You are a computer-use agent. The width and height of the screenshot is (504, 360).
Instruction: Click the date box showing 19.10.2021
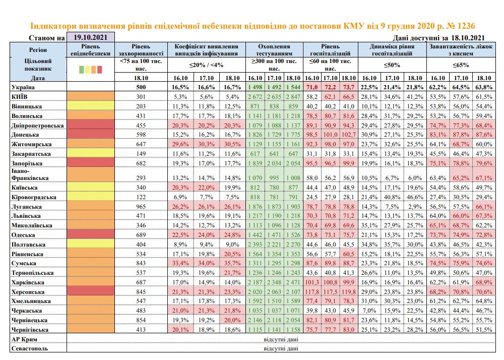(x=91, y=37)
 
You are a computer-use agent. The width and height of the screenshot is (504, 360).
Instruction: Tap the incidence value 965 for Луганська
(x=141, y=206)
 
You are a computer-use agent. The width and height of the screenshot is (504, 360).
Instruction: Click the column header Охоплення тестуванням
(x=274, y=50)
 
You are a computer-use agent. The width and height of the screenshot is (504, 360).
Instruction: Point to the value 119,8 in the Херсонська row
(x=349, y=292)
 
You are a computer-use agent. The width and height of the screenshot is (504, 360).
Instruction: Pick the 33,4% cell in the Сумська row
(x=180, y=263)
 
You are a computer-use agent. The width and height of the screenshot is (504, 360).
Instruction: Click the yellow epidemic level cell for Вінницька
(x=91, y=106)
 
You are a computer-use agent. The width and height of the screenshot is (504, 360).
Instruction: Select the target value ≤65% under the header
(x=461, y=65)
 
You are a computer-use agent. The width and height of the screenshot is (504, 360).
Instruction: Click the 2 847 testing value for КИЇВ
(x=293, y=97)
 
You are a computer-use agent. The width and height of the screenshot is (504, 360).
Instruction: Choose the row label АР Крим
(x=24, y=339)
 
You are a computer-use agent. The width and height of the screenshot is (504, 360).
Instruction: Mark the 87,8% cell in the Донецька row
(x=461, y=135)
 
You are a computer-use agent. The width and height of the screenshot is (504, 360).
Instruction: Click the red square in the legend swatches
(x=100, y=70)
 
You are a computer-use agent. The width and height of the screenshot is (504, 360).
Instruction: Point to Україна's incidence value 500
(x=141, y=87)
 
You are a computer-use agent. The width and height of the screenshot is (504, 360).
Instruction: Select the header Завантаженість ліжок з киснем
(x=461, y=50)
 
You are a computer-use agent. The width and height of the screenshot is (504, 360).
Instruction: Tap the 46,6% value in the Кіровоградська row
(x=415, y=197)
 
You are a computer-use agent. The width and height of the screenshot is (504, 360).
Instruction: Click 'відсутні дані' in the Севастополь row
(x=281, y=348)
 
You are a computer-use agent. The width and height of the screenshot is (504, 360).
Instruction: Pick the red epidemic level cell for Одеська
(x=91, y=234)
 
